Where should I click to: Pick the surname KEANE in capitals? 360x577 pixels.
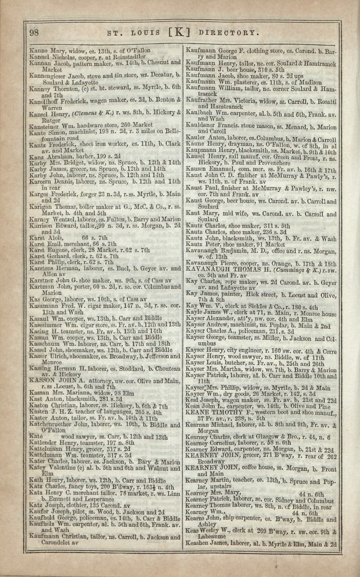[200, 412]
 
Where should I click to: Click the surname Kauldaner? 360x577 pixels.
[204, 127]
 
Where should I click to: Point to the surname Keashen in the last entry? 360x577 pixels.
[200, 544]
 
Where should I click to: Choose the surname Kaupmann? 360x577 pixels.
[204, 151]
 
